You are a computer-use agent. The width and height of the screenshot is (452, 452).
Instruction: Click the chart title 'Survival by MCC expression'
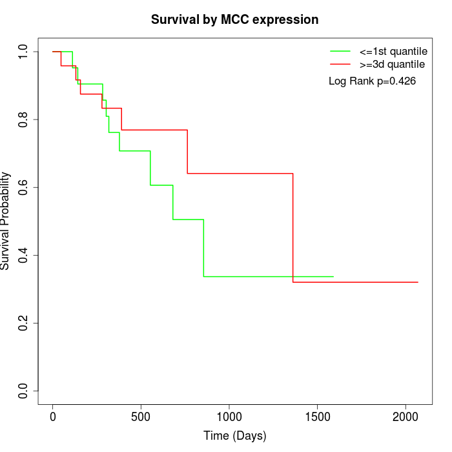(x=234, y=19)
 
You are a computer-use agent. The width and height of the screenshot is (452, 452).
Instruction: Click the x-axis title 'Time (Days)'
(x=234, y=436)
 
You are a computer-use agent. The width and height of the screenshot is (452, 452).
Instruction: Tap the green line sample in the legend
(x=340, y=50)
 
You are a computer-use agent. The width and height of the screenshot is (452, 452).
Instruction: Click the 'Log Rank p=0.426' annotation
(x=372, y=81)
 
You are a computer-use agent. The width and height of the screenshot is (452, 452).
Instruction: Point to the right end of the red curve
(x=418, y=282)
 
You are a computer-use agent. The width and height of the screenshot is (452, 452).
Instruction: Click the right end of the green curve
(x=333, y=276)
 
